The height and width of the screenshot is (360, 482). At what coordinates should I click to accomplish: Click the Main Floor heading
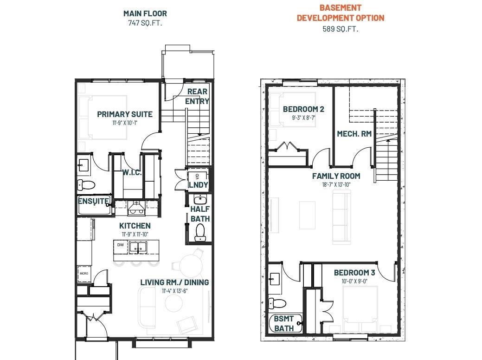pyautogui.click(x=145, y=13)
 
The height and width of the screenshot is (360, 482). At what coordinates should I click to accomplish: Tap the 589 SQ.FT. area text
pyautogui.click(x=341, y=29)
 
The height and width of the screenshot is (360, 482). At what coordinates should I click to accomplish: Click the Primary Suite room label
pyautogui.click(x=125, y=114)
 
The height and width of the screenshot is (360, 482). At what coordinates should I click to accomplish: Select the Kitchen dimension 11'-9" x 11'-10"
pyautogui.click(x=135, y=234)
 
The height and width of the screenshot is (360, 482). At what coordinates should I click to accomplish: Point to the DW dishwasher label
pyautogui.click(x=121, y=245)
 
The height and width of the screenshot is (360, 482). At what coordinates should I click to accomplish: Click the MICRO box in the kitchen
pyautogui.click(x=84, y=274)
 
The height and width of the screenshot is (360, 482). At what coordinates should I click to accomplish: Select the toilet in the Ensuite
pyautogui.click(x=86, y=185)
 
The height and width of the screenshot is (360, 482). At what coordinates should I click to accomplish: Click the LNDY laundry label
pyautogui.click(x=198, y=184)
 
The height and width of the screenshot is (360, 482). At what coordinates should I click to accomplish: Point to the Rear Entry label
pyautogui.click(x=197, y=96)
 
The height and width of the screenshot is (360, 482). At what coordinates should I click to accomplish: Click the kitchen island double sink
pyautogui.click(x=138, y=247)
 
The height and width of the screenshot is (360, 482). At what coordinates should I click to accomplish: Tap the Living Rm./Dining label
pyautogui.click(x=174, y=282)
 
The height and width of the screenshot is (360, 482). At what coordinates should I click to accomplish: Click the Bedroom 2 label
pyautogui.click(x=303, y=109)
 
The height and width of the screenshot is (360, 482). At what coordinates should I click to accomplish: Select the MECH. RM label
pyautogui.click(x=354, y=134)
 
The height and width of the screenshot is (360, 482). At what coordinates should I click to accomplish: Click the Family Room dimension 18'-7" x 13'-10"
pyautogui.click(x=336, y=184)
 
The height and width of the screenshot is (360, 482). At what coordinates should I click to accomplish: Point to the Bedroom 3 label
pyautogui.click(x=354, y=273)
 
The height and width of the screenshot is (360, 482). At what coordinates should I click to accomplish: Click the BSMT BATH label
pyautogui.click(x=284, y=323)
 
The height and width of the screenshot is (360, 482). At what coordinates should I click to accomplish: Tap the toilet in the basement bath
pyautogui.click(x=277, y=303)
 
